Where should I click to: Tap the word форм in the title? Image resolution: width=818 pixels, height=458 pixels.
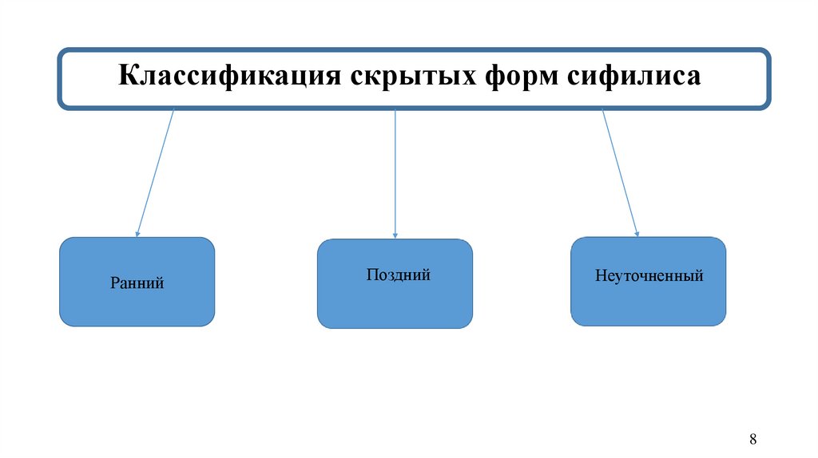(520, 77)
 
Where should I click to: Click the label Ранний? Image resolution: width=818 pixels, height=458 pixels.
(137, 282)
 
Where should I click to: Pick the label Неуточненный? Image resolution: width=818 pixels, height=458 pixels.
(649, 276)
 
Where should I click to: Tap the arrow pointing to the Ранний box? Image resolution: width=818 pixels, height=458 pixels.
(156, 172)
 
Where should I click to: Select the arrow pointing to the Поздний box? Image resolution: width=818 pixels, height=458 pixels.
(395, 172)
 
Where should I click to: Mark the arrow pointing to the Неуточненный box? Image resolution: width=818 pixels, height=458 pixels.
(619, 172)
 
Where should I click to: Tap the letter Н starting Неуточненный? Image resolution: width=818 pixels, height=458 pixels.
(600, 276)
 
